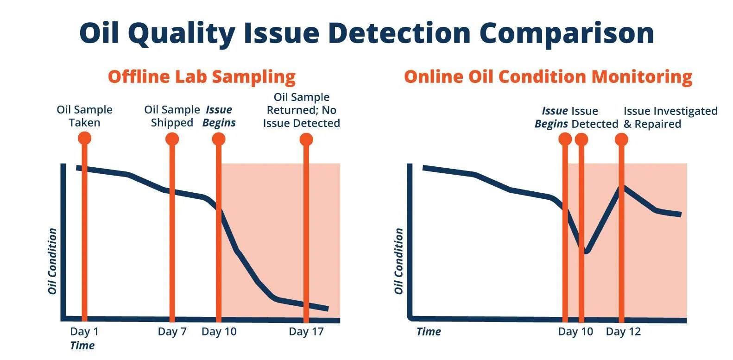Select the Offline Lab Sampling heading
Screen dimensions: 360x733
[x=202, y=76]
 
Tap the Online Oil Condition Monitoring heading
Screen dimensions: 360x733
[x=548, y=76]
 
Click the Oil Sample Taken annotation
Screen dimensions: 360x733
[x=84, y=116]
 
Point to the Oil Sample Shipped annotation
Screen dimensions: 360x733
[x=171, y=116]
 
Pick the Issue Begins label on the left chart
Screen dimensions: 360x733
[x=219, y=116]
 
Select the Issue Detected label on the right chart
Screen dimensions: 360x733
[x=595, y=117]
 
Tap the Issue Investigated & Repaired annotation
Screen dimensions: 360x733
[x=670, y=117]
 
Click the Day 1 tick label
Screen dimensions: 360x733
[x=84, y=331]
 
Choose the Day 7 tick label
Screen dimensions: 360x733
[x=172, y=331]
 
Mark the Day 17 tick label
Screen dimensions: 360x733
[x=306, y=331]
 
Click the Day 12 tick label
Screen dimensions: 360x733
[x=623, y=331]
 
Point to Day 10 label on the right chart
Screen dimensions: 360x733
[x=575, y=331]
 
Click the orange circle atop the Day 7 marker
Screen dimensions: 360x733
[x=172, y=139]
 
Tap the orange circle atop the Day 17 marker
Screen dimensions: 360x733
[x=306, y=139]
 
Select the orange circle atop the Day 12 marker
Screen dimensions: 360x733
[x=621, y=139]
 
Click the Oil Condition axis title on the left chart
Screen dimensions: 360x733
[x=52, y=261]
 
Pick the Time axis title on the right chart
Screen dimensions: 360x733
[x=429, y=331]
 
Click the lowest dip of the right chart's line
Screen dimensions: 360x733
[x=586, y=252]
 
